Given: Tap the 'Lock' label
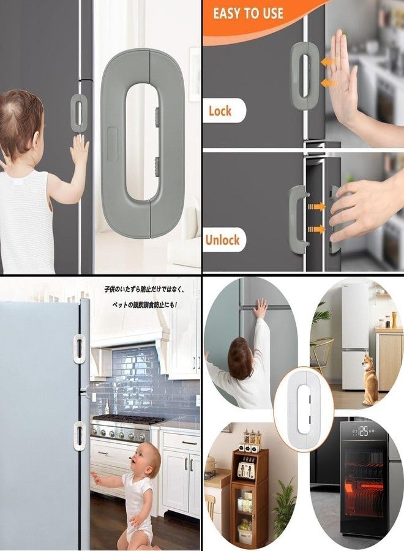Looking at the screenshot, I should tap(220, 111).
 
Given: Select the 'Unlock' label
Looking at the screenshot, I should tap(222, 239).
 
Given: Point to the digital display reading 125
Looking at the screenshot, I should tap(362, 432).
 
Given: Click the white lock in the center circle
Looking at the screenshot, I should tap(304, 408).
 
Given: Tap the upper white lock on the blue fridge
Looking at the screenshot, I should tap(80, 348).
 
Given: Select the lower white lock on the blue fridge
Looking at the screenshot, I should tap(80, 435).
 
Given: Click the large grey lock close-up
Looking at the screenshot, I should tap(142, 144).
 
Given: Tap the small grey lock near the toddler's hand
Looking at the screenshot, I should tap(78, 113).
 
